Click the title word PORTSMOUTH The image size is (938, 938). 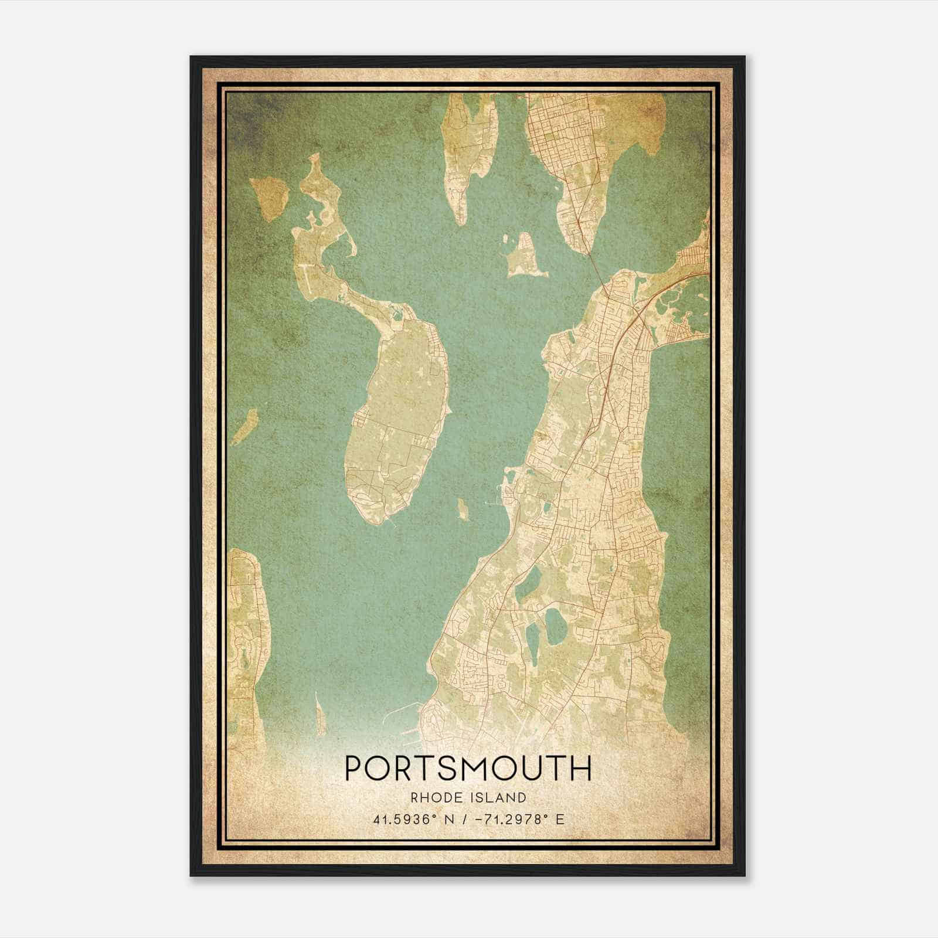468,769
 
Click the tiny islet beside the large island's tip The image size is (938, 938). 463,510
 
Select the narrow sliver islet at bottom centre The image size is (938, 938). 320,712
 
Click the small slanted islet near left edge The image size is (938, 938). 245,427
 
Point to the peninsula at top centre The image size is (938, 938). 469,147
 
